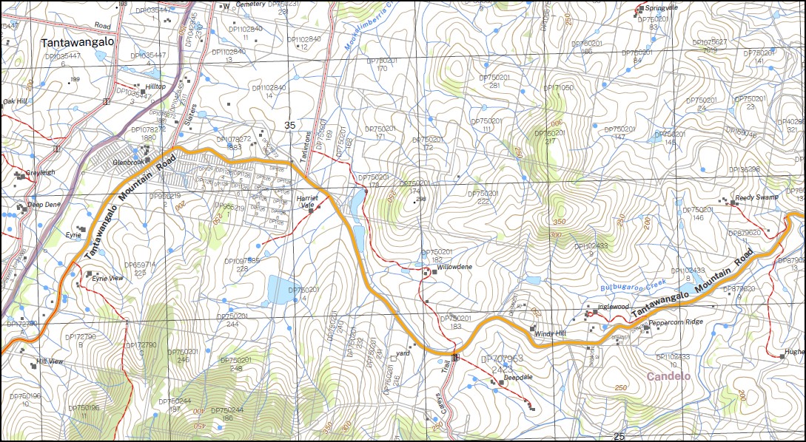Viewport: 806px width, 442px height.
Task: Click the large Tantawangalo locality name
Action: pos(78,42)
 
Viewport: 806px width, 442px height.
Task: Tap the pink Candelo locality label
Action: pos(668,376)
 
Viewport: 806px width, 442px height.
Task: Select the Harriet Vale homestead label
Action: pos(307,202)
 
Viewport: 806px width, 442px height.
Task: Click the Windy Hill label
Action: pos(550,333)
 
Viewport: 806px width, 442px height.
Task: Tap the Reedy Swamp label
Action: pos(756,199)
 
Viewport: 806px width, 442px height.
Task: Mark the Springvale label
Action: pos(662,8)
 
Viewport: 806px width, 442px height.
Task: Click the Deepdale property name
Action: pos(518,377)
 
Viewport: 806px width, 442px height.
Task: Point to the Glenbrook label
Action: pos(125,160)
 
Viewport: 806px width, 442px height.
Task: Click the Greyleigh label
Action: pos(40,173)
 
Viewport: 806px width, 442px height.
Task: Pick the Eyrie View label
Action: pos(107,278)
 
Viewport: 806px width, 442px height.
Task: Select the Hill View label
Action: pos(50,361)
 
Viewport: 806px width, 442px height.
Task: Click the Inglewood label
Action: pos(613,306)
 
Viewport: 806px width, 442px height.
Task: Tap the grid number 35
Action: pos(290,126)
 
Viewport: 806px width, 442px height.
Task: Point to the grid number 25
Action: pos(619,436)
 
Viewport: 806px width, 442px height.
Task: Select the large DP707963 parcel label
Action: pos(503,358)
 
